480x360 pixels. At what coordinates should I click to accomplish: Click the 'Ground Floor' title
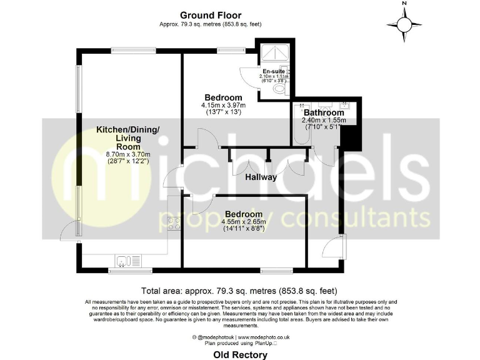coord(210,15)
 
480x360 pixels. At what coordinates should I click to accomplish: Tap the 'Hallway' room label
coord(261,177)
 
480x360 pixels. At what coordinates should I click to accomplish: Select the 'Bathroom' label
coord(324,112)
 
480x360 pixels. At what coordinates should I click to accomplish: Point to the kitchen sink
coord(123,260)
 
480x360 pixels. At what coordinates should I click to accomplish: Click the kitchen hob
coord(174,223)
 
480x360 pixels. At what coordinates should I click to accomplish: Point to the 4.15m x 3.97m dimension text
coord(223,105)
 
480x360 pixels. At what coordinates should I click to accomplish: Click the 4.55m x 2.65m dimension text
coord(243,221)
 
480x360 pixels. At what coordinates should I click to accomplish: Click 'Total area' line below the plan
coord(239,290)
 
